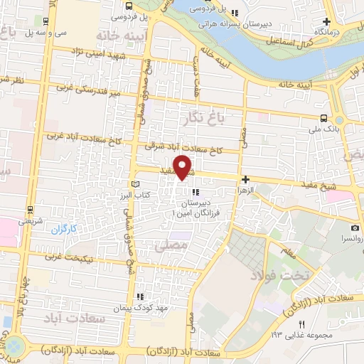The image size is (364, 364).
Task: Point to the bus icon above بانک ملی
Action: [x=323, y=118]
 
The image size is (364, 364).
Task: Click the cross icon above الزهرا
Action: [x=245, y=181]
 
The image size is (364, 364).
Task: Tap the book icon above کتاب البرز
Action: [x=136, y=184]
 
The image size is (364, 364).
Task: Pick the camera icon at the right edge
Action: [x=354, y=228]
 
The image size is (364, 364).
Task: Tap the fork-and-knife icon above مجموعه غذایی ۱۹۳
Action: [x=301, y=324]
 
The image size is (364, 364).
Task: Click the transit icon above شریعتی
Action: [x=30, y=209]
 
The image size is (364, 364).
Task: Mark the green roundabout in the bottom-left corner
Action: [x=15, y=347]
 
